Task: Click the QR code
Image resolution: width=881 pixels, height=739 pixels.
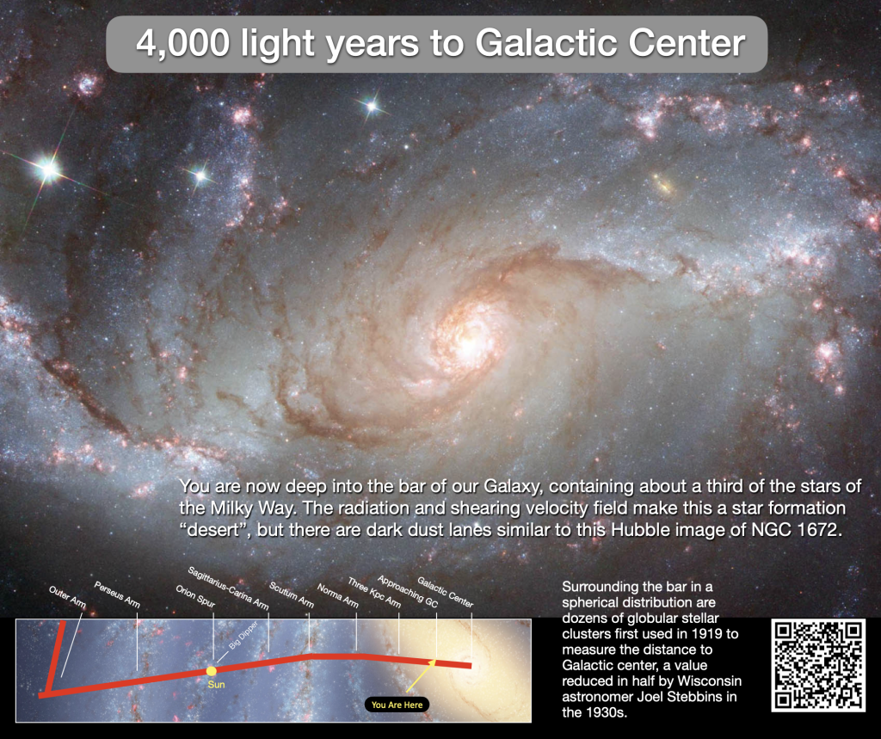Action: point(818,665)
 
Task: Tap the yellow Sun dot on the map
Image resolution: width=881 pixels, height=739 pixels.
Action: point(212,670)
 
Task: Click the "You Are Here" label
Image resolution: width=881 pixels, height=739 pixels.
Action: point(397,705)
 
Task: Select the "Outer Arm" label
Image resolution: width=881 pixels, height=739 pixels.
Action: point(67,597)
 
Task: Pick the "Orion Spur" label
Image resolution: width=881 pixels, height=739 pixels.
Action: point(195,596)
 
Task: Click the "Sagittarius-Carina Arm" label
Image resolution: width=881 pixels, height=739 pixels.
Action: point(228,588)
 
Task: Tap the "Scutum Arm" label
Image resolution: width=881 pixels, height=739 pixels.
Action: point(291,594)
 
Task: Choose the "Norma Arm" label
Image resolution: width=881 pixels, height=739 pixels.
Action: point(337,595)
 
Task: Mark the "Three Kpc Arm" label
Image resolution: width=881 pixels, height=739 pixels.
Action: point(374,593)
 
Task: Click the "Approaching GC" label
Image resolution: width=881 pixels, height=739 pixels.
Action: point(407,591)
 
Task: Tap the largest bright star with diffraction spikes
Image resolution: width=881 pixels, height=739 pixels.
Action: point(48,169)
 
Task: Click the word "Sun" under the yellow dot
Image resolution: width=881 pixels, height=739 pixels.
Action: point(216,685)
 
